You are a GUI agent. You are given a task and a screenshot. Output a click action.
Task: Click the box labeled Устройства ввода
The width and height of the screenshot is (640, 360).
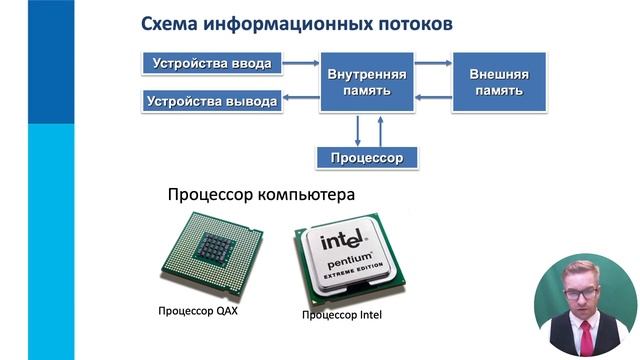(211, 64)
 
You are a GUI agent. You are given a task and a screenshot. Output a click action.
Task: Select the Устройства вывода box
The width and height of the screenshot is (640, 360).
(210, 100)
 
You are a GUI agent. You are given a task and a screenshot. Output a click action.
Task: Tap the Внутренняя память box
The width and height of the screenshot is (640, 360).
(366, 82)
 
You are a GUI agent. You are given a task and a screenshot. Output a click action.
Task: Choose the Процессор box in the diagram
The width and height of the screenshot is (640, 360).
(366, 158)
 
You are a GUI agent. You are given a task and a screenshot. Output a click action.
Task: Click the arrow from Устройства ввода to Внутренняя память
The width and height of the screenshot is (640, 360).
(298, 64)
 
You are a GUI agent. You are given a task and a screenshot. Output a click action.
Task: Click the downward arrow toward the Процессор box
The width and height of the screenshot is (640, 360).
(357, 129)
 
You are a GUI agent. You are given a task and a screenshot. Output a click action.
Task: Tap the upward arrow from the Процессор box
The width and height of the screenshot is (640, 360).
(381, 129)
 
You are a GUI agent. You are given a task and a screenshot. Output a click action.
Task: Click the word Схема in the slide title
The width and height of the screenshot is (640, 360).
(170, 22)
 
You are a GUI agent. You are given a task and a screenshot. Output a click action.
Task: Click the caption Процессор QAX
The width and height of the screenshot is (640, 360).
(198, 311)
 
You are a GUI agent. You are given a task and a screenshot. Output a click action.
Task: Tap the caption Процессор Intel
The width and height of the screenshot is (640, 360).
(342, 316)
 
